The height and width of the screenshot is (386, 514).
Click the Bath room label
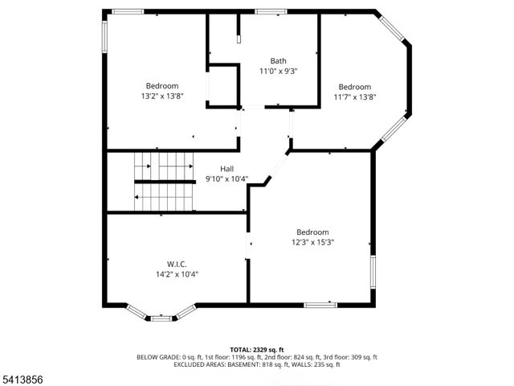pos(278,61)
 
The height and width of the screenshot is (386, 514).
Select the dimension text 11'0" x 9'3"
pos(278,72)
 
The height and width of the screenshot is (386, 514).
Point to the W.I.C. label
pos(177,264)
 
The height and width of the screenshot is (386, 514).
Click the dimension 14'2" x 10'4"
pos(177,274)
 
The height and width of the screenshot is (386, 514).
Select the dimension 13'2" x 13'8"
pos(162,96)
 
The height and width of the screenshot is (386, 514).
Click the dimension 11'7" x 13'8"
pos(354,97)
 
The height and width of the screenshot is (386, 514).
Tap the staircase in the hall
pos(164,182)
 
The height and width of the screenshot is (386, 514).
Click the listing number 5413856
pos(22,378)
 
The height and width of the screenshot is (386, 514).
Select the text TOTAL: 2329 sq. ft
pos(257,350)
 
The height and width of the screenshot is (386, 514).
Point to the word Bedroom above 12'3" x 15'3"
pos(312,232)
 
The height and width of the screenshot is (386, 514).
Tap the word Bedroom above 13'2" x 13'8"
pos(162,86)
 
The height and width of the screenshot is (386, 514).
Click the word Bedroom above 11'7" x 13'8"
pos(354,87)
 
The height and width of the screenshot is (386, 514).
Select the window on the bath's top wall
pos(271,11)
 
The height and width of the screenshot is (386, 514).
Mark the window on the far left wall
pos(104,36)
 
